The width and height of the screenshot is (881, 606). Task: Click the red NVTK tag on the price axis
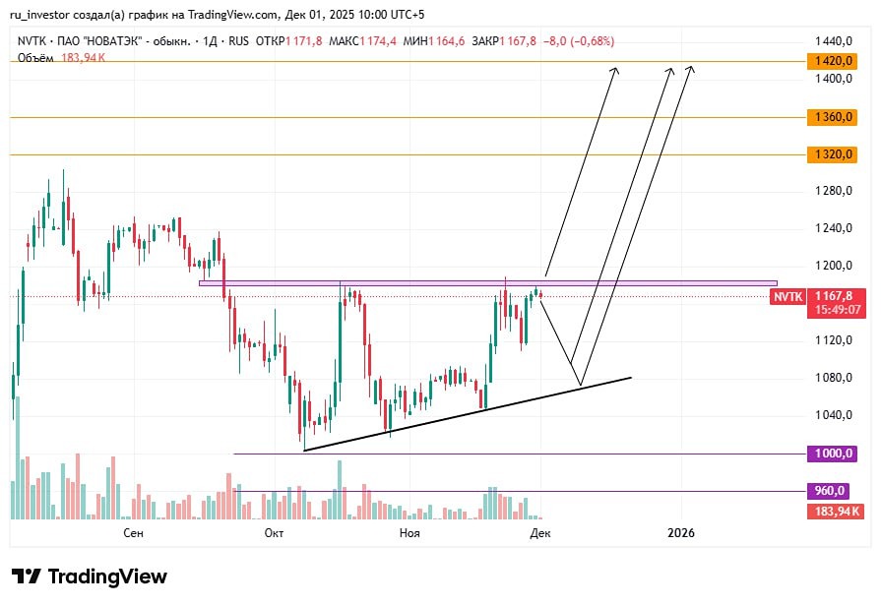[x=788, y=295]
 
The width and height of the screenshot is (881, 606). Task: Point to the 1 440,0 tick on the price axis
[x=833, y=41]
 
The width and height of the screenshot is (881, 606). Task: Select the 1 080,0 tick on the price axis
[x=833, y=378]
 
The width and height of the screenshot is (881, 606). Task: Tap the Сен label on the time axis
[x=134, y=532]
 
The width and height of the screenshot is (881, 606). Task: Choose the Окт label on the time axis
[x=274, y=532]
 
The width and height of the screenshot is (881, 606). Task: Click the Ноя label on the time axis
[x=409, y=532]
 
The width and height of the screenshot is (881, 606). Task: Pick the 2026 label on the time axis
[x=680, y=532]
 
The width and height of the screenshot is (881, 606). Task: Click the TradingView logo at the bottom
[x=90, y=576]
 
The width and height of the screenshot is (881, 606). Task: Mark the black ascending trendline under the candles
[x=468, y=413]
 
